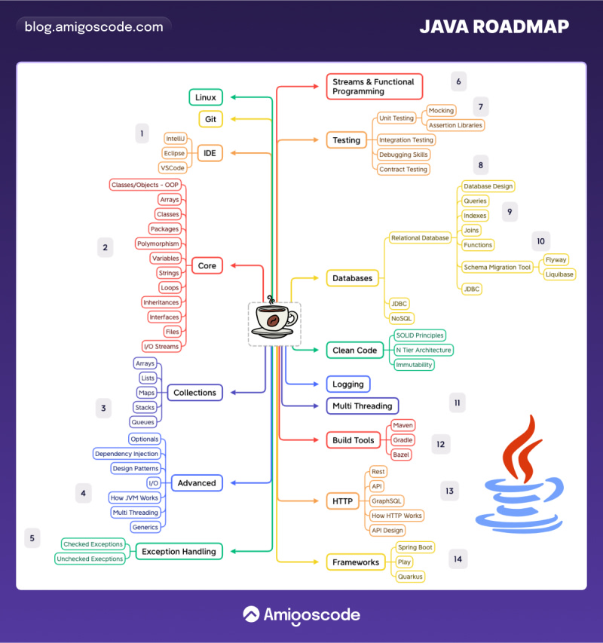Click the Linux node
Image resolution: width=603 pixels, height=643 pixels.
206,97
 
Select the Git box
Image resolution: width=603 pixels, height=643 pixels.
210,119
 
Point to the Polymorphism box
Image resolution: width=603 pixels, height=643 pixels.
158,243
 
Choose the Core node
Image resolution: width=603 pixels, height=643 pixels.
207,265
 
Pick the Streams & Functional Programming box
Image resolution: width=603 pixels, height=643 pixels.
374,87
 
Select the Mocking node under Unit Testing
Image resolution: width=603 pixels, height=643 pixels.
441,111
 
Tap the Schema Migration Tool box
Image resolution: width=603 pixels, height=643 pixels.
497,267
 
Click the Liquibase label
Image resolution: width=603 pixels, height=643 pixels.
560,274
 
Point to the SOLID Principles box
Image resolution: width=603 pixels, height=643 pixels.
420,335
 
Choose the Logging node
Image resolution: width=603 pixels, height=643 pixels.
348,384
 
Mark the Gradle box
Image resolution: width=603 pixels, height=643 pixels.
403,440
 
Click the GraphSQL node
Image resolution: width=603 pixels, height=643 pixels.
387,501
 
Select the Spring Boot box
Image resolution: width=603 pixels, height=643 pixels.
415,547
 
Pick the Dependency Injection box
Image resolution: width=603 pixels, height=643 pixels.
126,454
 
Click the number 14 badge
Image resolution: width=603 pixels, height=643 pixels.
458,559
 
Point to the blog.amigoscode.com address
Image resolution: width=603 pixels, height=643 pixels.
93,27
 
